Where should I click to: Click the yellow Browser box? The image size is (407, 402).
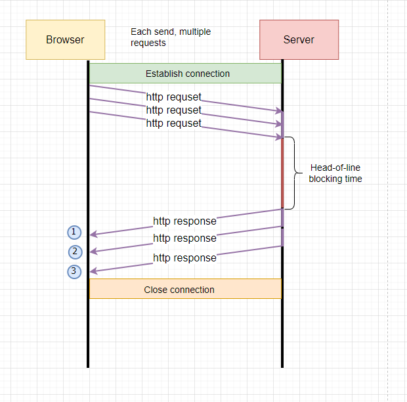point(65,39)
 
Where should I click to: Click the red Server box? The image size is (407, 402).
point(299,39)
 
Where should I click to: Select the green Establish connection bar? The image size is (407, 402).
point(185,73)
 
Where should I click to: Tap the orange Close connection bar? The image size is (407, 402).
point(185,289)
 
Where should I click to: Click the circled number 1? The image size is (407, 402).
point(74,232)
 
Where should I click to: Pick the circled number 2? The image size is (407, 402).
point(75,252)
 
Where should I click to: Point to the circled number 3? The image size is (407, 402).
point(74,271)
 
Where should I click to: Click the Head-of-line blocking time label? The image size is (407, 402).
point(335,173)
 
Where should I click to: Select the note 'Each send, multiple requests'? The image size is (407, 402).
point(170,37)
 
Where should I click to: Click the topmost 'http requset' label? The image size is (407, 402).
point(173,97)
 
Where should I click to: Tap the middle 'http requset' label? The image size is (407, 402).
point(173,110)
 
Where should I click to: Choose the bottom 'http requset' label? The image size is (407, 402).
point(173,123)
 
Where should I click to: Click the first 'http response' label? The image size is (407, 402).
point(184,221)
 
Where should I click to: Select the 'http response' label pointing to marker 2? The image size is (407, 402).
point(184,238)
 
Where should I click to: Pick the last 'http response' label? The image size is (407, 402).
point(184,257)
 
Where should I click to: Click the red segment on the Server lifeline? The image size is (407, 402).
point(282,173)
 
